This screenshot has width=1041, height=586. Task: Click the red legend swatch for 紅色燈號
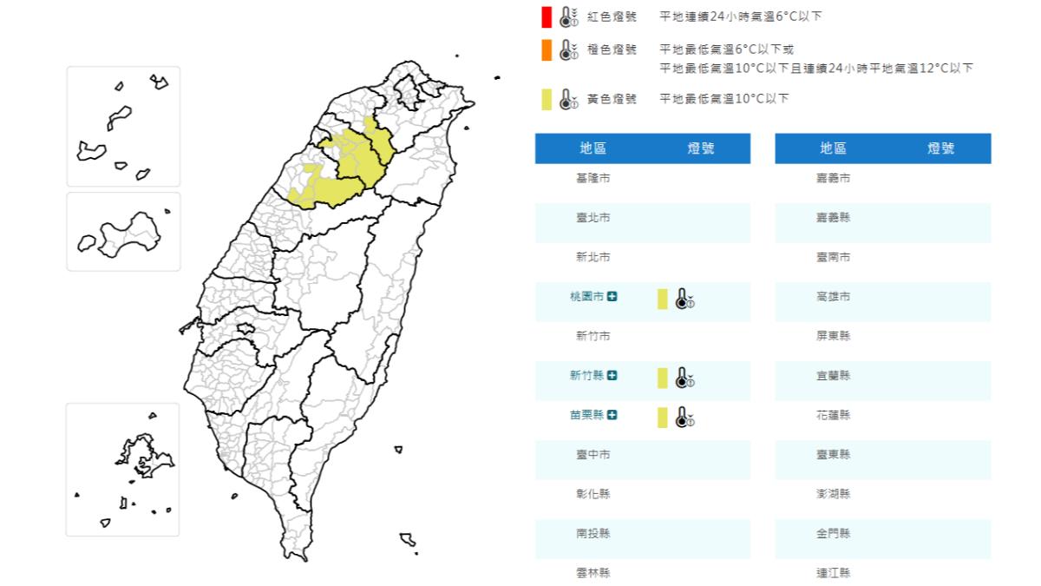coord(546,16)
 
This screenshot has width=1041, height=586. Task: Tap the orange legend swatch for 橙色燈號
coord(546,50)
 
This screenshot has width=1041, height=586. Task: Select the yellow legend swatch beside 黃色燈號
coord(546,99)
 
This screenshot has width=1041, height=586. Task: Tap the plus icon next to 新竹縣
coord(612,376)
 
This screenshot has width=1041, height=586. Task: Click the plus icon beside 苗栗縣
coord(612,415)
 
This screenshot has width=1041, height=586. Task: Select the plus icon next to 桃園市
coord(612,297)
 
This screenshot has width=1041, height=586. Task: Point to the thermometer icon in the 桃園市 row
coord(684,299)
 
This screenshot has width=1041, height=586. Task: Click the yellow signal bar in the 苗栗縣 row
coord(662,418)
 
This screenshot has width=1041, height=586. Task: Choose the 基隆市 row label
coord(593,178)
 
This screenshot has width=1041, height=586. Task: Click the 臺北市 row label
coord(593,217)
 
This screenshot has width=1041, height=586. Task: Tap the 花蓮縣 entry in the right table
coord(833,415)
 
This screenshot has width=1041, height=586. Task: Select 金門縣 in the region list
coord(833,534)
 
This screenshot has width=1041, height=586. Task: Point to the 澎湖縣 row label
coord(833,494)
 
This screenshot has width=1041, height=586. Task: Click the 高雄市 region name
coord(833,297)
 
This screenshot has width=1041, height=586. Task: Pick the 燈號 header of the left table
coord(700,148)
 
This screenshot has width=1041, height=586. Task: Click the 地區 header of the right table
coord(833,148)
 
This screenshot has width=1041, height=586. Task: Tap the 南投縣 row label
coord(593,534)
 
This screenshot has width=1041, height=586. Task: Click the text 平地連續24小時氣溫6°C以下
coord(740,16)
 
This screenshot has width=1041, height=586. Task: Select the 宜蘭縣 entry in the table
coord(833,376)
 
